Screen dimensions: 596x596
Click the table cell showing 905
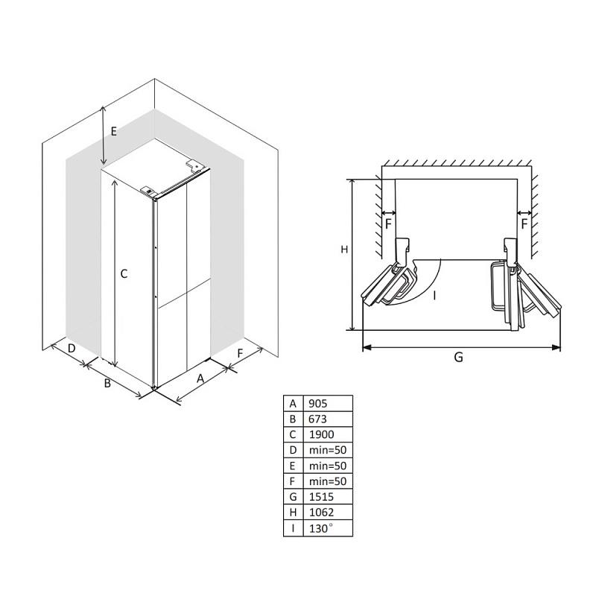pos(328,403)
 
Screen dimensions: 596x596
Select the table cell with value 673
pos(328,419)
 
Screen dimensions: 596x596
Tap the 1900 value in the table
pos(328,434)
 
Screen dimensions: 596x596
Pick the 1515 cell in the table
pos(328,497)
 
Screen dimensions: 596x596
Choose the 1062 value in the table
pos(328,513)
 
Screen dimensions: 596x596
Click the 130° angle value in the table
pos(328,528)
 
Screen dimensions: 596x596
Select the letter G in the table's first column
pos(293,497)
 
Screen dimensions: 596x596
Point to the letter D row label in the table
pos(293,450)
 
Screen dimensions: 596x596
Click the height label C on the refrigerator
pos(124,273)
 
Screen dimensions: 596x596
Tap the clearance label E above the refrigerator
pos(114,132)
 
